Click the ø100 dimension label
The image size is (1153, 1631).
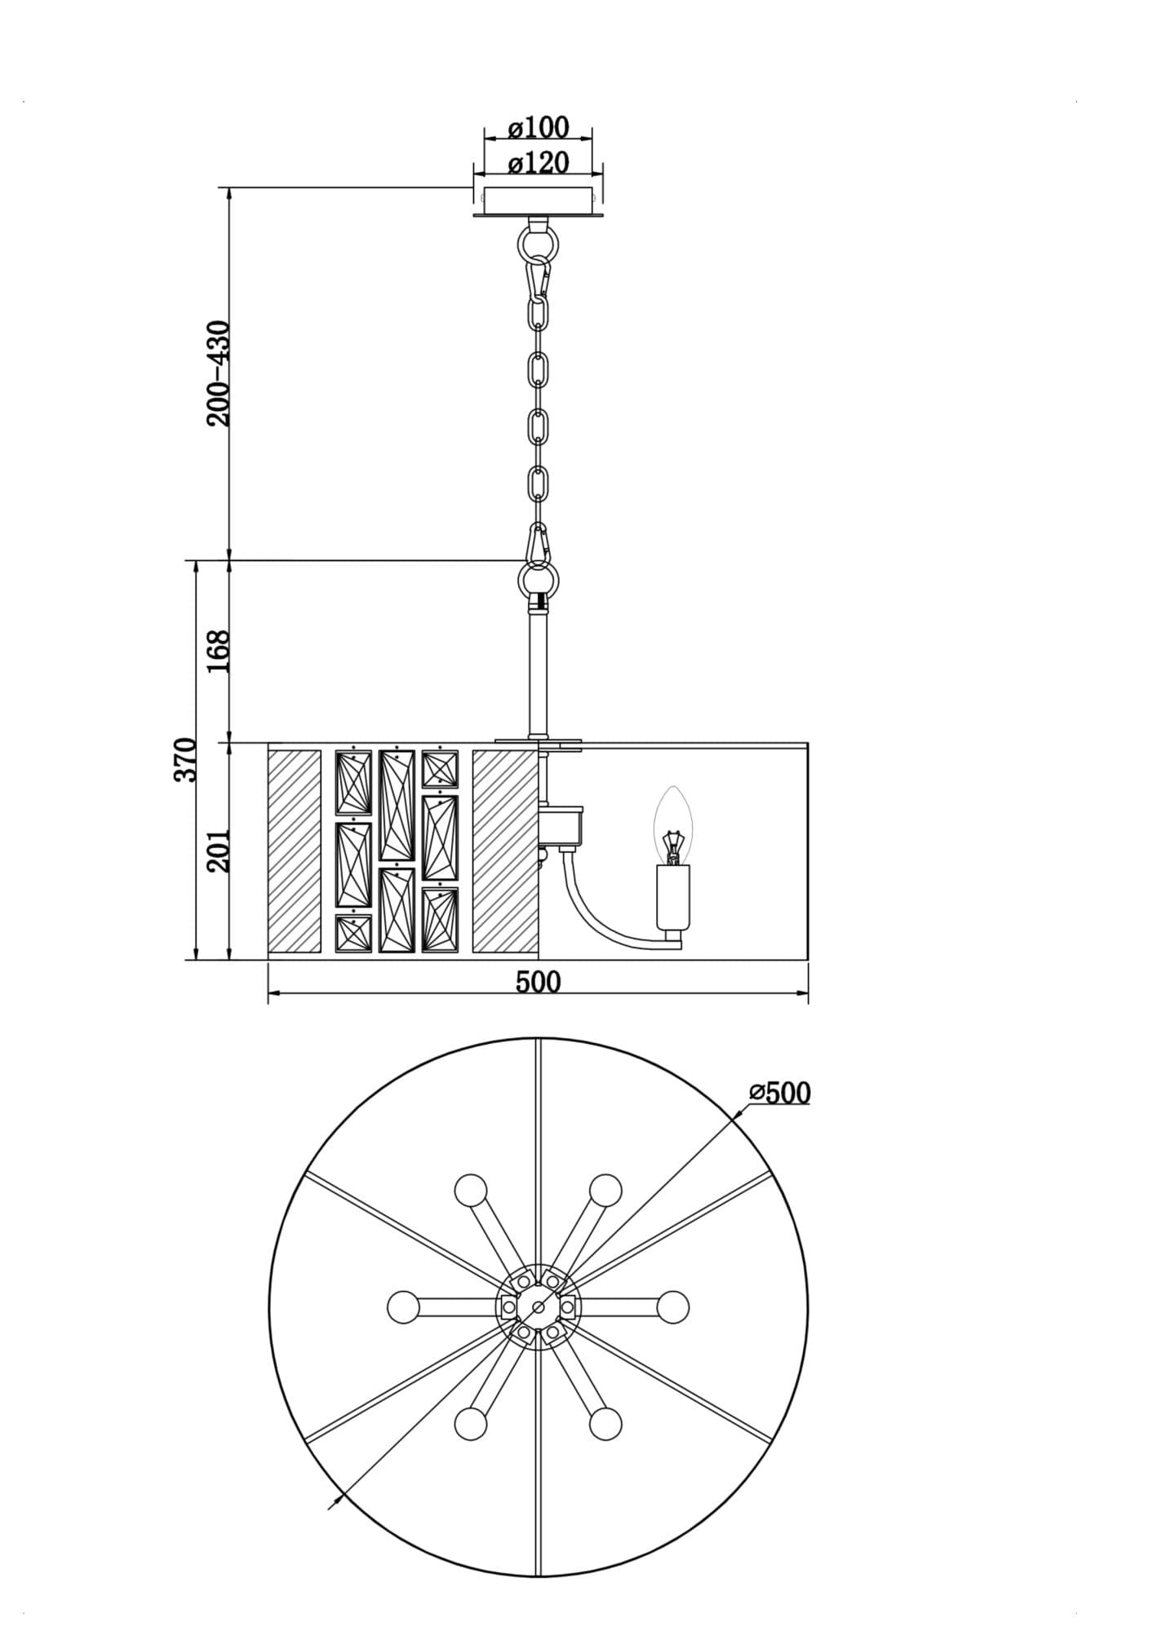(x=539, y=128)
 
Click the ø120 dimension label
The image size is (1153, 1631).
(x=539, y=163)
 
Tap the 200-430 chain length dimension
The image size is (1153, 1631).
(x=219, y=373)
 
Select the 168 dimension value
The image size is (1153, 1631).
(x=219, y=651)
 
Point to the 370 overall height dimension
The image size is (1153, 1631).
(x=186, y=759)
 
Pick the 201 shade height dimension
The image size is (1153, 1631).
(x=219, y=851)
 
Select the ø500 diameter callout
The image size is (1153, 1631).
(x=780, y=1093)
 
